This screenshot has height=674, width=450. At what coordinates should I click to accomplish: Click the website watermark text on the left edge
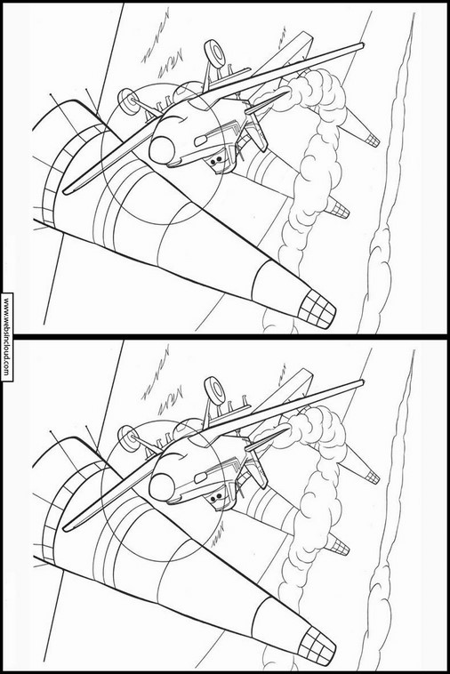pyautogui.click(x=6, y=337)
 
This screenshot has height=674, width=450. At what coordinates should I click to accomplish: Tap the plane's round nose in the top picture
pyautogui.click(x=162, y=150)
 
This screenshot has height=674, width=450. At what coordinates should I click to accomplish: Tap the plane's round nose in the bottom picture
pyautogui.click(x=162, y=487)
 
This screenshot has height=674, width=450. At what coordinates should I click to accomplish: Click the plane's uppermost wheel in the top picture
pyautogui.click(x=214, y=52)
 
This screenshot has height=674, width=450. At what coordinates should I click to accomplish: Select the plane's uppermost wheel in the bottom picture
pyautogui.click(x=214, y=389)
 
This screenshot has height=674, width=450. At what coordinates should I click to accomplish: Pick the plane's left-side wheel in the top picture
pyautogui.click(x=127, y=101)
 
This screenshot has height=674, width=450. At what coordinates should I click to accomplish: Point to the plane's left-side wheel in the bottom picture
pyautogui.click(x=127, y=438)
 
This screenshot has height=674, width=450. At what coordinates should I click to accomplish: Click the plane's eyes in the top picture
pyautogui.click(x=217, y=159)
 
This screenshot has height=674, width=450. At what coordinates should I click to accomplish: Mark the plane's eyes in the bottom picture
pyautogui.click(x=217, y=496)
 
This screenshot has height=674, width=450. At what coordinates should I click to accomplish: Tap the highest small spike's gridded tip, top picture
pyautogui.click(x=373, y=140)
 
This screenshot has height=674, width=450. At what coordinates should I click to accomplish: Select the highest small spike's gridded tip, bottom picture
pyautogui.click(x=373, y=477)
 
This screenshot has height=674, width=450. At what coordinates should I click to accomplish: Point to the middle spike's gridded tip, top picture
pyautogui.click(x=340, y=209)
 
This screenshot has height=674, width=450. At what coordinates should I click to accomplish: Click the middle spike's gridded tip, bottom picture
pyautogui.click(x=340, y=546)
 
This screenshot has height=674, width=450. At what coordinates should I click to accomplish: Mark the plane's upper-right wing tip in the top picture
pyautogui.click(x=363, y=44)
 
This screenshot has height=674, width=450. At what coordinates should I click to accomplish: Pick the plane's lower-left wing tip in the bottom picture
pyautogui.click(x=65, y=529)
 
